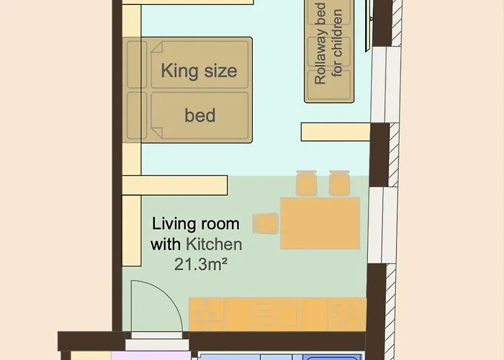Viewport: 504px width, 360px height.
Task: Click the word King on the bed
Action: coord(179,71)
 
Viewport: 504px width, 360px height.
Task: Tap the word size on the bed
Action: coord(221,71)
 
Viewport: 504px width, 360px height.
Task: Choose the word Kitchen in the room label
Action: coord(214,244)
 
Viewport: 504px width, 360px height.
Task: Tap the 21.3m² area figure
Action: coord(201,264)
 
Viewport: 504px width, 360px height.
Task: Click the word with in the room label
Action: coord(166,244)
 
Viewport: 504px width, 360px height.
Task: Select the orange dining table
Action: coord(320,223)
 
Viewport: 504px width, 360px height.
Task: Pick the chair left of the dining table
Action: coord(266,223)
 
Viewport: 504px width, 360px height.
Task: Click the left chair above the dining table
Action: coord(306,183)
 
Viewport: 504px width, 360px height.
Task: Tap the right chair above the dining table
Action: coord(339,183)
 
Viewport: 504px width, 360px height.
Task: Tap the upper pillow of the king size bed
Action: coord(137,64)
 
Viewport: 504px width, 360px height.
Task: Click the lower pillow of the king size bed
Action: coord(137,116)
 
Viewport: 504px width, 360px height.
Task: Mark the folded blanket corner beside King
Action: coord(156,47)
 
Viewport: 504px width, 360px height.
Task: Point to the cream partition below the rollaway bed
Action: coord(336,132)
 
